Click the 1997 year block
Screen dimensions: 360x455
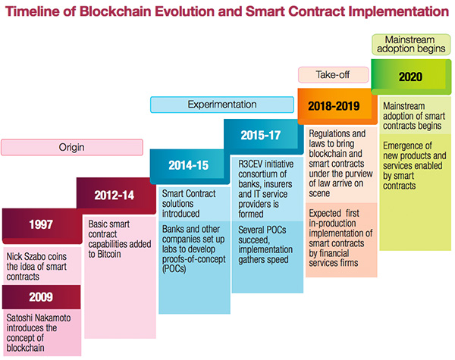pyautogui.click(x=41, y=224)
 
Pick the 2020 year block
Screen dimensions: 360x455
pyautogui.click(x=410, y=77)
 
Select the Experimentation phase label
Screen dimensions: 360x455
pyautogui.click(x=220, y=105)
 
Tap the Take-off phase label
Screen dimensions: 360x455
pyautogui.click(x=332, y=74)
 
